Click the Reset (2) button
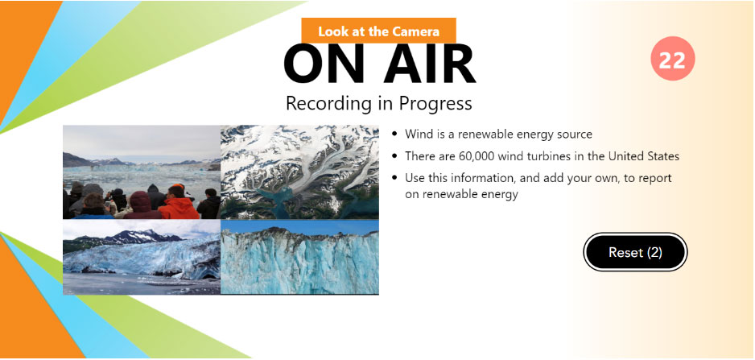click(635, 252)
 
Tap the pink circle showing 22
click(672, 58)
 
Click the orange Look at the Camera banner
click(378, 31)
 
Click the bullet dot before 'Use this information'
click(395, 178)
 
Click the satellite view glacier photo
click(299, 172)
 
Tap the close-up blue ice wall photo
click(299, 257)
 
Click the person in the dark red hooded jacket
click(141, 205)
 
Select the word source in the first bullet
click(576, 134)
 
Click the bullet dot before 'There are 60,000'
click(395, 156)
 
